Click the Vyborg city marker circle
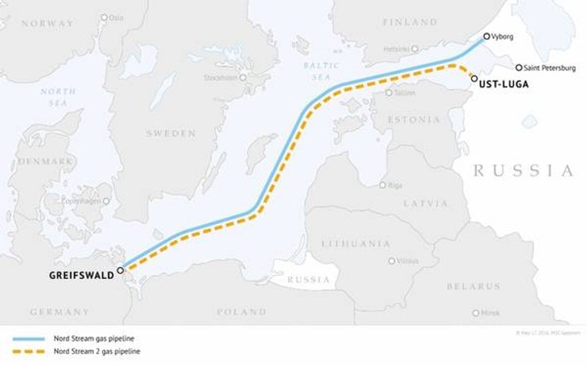click(486, 36)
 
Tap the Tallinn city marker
click(389, 93)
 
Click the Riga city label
click(395, 185)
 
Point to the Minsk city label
click(489, 313)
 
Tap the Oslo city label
click(117, 17)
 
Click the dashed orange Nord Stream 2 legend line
click(29, 350)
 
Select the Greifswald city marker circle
click(120, 270)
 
